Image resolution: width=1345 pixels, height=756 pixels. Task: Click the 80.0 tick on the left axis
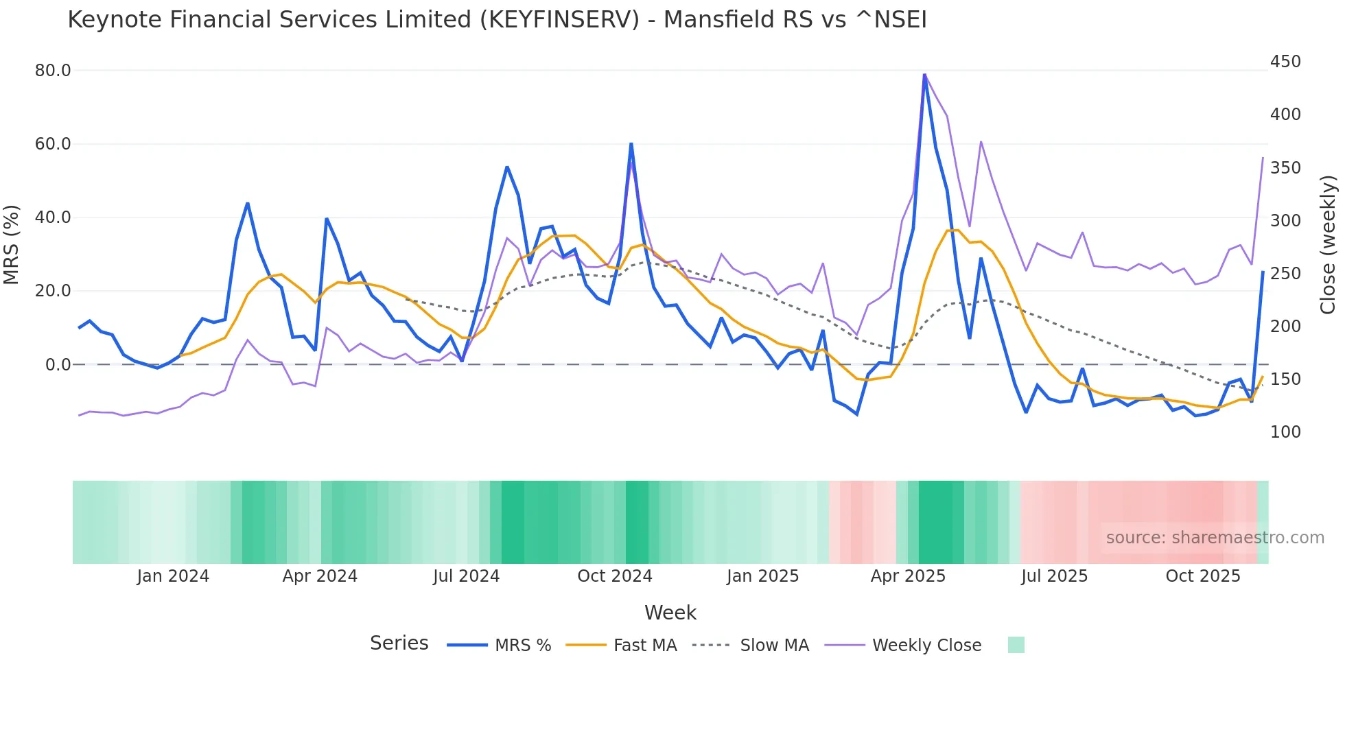pyautogui.click(x=53, y=71)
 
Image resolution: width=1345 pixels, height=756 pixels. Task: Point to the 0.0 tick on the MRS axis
pyautogui.click(x=58, y=365)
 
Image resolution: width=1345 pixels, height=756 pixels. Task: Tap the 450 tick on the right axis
pyautogui.click(x=1285, y=62)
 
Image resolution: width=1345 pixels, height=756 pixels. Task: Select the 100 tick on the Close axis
pyautogui.click(x=1285, y=432)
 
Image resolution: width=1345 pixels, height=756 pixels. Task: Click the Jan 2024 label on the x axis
pyautogui.click(x=173, y=576)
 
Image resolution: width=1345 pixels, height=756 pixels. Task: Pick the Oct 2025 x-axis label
pyautogui.click(x=1203, y=576)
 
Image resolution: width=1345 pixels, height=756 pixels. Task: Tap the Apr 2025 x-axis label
pyautogui.click(x=908, y=576)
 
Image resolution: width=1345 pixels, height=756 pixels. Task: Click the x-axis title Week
pyautogui.click(x=670, y=613)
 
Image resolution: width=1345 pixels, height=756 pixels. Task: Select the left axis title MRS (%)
pyautogui.click(x=12, y=245)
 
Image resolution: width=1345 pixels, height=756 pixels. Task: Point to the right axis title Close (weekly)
pyautogui.click(x=1328, y=245)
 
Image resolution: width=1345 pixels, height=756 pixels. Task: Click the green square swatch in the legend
pyautogui.click(x=1016, y=645)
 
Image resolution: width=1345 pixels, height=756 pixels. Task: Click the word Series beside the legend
pyautogui.click(x=399, y=643)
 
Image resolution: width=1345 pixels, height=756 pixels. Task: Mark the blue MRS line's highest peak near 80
pyautogui.click(x=924, y=74)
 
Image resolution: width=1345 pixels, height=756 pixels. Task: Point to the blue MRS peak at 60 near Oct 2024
pyautogui.click(x=631, y=144)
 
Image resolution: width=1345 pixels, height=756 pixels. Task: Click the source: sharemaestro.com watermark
pyautogui.click(x=1215, y=538)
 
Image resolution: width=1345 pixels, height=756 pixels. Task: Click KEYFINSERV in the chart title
pyautogui.click(x=559, y=20)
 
